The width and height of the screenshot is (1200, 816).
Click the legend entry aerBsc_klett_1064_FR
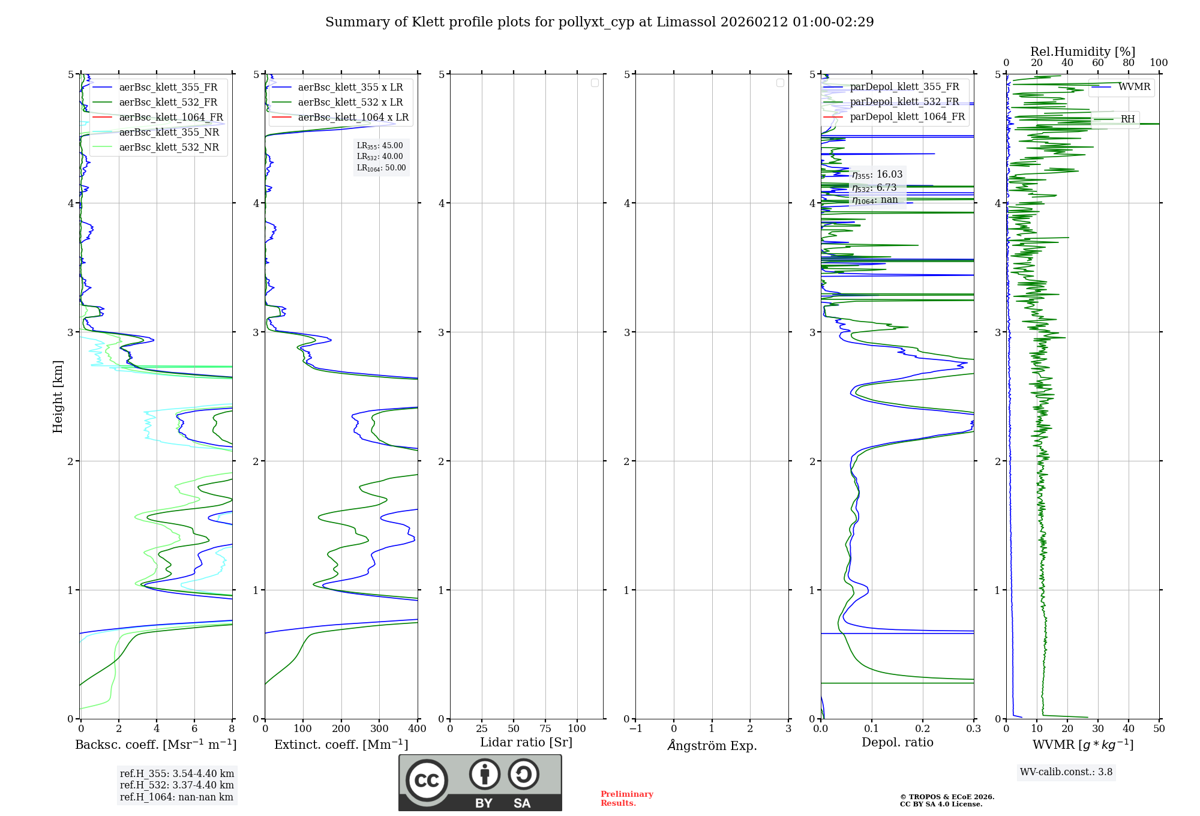[170, 117]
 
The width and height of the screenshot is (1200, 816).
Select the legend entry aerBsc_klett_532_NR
[169, 147]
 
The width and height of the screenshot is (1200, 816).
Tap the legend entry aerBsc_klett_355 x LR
[350, 87]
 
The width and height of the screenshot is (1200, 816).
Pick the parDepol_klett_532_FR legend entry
[904, 101]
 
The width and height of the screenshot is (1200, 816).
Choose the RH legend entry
[1127, 119]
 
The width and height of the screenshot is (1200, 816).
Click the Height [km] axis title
[58, 397]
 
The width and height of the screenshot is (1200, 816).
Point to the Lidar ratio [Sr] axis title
[526, 742]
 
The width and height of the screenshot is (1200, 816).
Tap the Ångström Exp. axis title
[712, 745]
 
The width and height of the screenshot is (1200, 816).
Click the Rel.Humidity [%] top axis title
[1082, 52]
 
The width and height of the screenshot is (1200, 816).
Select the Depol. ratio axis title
[897, 742]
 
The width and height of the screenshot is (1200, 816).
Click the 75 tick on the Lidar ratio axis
[545, 728]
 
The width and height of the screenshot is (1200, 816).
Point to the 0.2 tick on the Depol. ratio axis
[923, 728]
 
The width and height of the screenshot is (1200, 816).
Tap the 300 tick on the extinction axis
[379, 728]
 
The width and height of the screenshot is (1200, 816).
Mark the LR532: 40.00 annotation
[380, 157]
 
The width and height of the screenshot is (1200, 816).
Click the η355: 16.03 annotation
[877, 175]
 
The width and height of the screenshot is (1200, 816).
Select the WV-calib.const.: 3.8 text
[1066, 772]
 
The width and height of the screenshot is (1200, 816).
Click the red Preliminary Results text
[626, 798]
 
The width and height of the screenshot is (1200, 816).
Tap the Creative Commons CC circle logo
[427, 780]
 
